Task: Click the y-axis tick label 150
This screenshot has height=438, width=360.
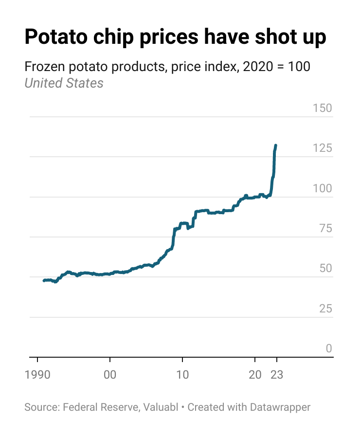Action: coord(322,108)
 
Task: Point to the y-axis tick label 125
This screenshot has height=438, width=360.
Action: coord(322,148)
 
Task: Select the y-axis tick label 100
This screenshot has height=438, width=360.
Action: coord(322,188)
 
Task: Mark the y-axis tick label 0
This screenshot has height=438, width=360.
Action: coord(329,348)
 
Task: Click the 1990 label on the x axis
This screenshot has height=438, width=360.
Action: coord(37,375)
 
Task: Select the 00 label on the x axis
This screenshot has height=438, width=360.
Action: coord(110,375)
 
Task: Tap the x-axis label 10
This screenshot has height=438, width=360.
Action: coord(182,375)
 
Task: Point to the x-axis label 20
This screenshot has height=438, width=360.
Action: coord(255,375)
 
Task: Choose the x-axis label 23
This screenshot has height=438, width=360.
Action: coord(277,375)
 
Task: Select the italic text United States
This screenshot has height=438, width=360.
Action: coord(64,83)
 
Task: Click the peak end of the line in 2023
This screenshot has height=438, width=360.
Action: coord(276,146)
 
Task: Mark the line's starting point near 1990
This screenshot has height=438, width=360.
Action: coord(44,281)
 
